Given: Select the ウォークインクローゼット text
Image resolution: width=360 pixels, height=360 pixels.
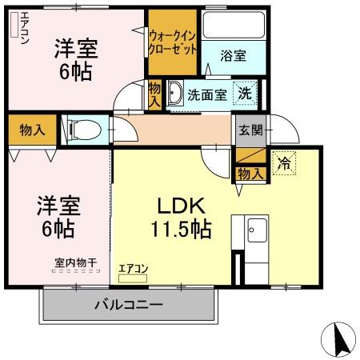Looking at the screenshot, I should [172, 42].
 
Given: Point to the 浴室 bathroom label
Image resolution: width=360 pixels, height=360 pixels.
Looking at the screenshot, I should [234, 56].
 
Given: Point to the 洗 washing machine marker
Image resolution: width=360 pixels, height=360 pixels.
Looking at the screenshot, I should [247, 93].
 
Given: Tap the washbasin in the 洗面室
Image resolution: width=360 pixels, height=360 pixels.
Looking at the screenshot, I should [174, 94].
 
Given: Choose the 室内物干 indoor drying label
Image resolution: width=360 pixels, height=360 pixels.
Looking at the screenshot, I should [75, 262].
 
